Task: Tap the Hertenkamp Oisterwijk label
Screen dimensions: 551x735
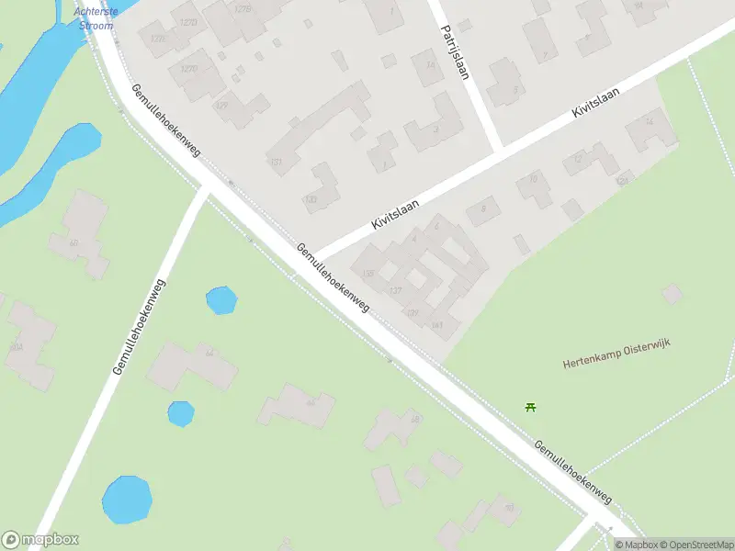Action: [616, 354]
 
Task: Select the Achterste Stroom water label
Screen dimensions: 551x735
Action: [94, 19]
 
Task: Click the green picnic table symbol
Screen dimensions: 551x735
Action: [530, 407]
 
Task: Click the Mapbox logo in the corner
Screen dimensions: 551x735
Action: [40, 540]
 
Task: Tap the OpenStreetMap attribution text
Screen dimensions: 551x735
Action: [694, 545]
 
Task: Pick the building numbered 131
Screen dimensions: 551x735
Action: [275, 162]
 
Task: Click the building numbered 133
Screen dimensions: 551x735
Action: [311, 198]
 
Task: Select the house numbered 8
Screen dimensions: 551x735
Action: [482, 211]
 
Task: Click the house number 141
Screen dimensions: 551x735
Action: [437, 325]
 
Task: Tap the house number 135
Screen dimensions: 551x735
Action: [369, 274]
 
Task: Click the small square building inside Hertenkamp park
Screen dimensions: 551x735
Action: [673, 295]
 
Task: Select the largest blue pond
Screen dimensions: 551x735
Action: [126, 500]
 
